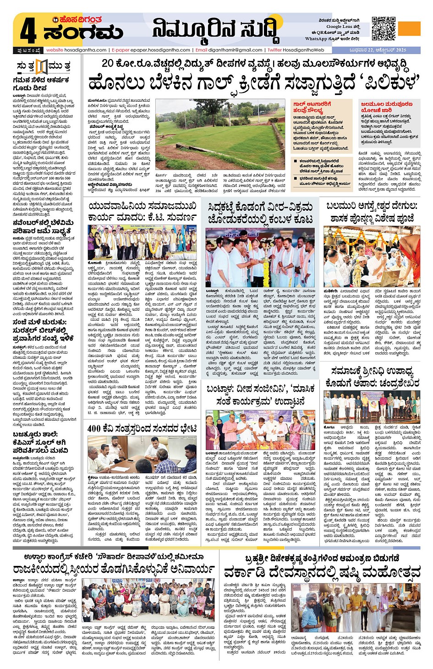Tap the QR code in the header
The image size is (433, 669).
coord(383,28)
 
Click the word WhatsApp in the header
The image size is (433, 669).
coord(316,38)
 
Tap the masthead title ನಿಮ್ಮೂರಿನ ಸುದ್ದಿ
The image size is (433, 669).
coord(215,30)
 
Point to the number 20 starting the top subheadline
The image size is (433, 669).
coord(107,63)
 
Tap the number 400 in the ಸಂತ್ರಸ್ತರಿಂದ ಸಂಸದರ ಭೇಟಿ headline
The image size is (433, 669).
coord(94,428)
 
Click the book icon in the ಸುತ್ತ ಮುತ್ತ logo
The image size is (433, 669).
coord(42,66)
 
